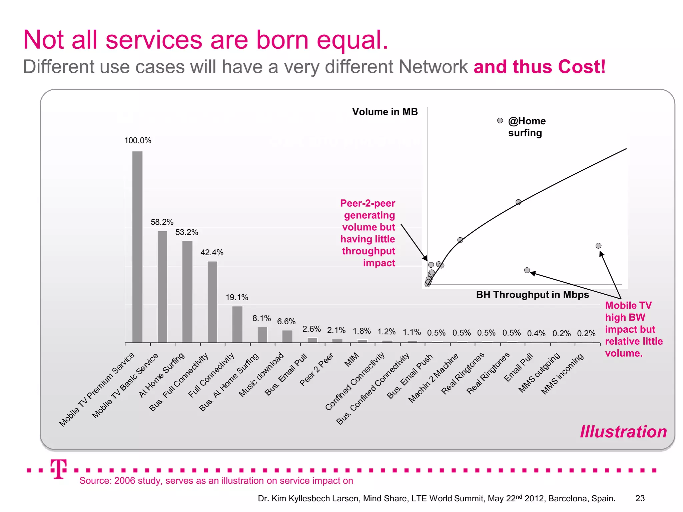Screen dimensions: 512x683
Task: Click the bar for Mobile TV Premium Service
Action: (x=137, y=247)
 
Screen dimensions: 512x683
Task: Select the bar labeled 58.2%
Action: (x=162, y=287)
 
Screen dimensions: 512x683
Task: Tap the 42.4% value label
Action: (x=212, y=253)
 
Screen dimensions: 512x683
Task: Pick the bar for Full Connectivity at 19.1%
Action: (x=237, y=324)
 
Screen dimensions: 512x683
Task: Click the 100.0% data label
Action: (x=138, y=141)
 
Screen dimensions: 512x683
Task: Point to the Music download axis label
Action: (x=261, y=375)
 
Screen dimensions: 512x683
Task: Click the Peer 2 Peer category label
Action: (x=316, y=369)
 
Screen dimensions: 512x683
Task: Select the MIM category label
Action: (x=352, y=360)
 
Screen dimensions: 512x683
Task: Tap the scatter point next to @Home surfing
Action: (x=500, y=121)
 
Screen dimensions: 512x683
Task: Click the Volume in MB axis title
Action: (x=385, y=112)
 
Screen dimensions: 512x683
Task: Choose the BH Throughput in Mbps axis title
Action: (x=532, y=295)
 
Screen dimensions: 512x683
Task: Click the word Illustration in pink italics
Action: (x=623, y=432)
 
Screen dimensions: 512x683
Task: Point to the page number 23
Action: (x=640, y=498)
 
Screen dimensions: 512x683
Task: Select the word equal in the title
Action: (x=352, y=40)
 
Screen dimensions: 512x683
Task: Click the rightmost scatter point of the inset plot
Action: (x=598, y=246)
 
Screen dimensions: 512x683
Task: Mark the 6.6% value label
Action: (x=286, y=322)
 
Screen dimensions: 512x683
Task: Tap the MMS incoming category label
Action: (x=562, y=374)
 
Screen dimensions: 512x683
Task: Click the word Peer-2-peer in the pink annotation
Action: (x=368, y=203)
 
